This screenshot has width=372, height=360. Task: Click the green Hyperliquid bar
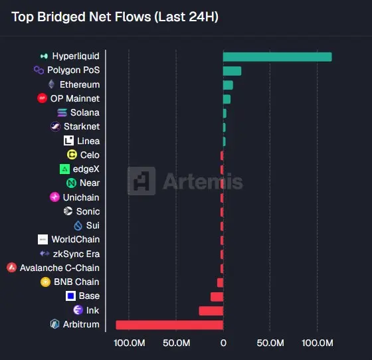(278, 57)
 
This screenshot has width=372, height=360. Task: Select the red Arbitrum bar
(169, 325)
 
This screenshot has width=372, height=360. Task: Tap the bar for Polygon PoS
(232, 71)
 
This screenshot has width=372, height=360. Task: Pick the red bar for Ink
(211, 311)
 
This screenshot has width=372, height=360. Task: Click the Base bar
(217, 297)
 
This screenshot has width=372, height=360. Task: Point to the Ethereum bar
(228, 85)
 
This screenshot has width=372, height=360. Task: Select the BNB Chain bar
(220, 283)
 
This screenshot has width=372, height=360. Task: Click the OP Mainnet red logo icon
(43, 98)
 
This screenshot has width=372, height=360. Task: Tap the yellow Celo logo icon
(72, 155)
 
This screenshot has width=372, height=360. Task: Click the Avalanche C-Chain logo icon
(12, 268)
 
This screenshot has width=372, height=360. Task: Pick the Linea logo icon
(68, 141)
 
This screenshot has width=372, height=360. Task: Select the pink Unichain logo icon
(54, 197)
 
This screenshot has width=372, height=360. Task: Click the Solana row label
(85, 112)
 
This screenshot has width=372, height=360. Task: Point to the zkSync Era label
(76, 254)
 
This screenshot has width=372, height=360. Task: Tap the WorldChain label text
(76, 239)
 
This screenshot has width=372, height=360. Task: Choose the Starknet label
(82, 126)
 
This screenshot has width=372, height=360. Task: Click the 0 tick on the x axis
(223, 343)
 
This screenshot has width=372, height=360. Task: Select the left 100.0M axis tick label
(130, 343)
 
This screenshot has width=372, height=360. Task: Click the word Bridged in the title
(61, 17)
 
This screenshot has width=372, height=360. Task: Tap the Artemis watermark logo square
(141, 181)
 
